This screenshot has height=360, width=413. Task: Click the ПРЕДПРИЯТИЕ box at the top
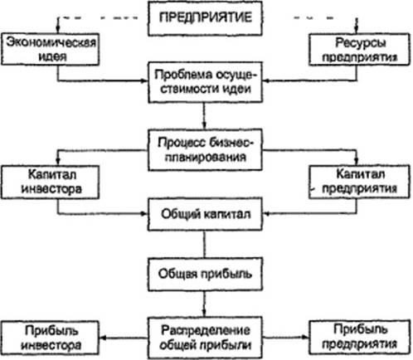205,18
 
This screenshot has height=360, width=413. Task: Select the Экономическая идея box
50,49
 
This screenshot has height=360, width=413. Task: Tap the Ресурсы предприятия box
359,50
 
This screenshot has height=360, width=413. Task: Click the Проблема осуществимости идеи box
205,82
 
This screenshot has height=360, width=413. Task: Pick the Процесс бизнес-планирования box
205,150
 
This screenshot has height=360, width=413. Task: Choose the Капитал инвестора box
50,182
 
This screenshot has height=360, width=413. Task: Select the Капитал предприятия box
359,182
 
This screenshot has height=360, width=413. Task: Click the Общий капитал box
205,214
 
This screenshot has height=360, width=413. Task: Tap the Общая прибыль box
205,275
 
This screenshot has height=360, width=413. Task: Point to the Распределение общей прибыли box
205,338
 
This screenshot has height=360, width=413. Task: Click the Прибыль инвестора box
50,338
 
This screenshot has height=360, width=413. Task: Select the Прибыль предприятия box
359,337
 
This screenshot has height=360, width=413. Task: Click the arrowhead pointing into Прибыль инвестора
103,338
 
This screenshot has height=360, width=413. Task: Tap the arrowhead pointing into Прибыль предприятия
305,337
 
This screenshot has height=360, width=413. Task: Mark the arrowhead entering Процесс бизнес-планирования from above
204,125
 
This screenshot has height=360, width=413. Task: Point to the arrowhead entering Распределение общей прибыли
204,313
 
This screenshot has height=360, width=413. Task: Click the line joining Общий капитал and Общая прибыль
205,245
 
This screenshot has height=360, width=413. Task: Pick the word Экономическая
51,42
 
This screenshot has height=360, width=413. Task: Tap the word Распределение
206,330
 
